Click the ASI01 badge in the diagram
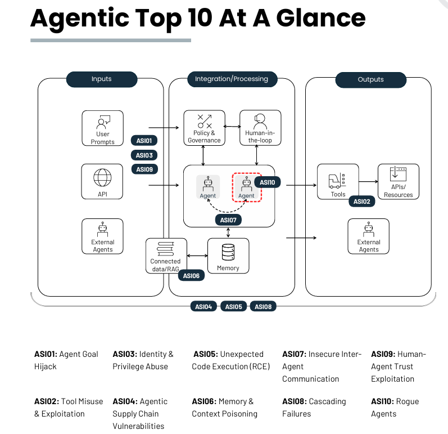[144, 141]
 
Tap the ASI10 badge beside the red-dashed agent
[268, 182]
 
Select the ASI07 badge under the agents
[228, 220]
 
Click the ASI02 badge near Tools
[361, 202]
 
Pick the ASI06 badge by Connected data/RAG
[191, 275]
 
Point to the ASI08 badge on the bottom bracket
[263, 306]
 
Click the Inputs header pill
[102, 79]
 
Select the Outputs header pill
[370, 80]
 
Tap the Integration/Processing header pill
[232, 79]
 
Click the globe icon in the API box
[102, 178]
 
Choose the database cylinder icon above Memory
[228, 252]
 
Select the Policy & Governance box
[204, 128]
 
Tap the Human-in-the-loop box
[260, 128]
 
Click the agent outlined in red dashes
[247, 187]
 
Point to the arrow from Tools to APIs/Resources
[368, 181]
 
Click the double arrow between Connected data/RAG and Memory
[197, 256]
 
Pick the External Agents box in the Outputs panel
[369, 236]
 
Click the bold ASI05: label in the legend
[206, 354]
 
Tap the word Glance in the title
[321, 19]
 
